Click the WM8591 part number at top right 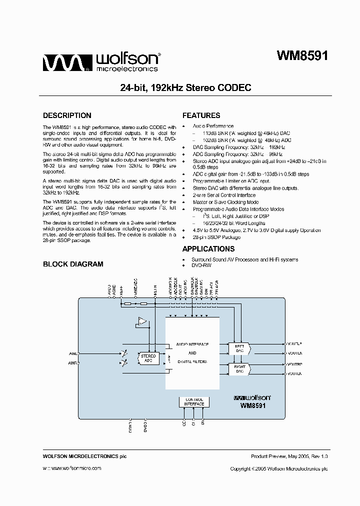coord(302,56)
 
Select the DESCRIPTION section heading coord(67,115)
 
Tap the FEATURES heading coord(201,115)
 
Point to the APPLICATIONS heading coord(208,249)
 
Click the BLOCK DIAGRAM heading coord(73,264)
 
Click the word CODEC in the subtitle coord(234,87)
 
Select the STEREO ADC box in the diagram coord(148,358)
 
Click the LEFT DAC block coord(239,348)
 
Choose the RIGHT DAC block coord(239,369)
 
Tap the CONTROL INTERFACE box coord(193,401)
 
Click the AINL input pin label coord(73,353)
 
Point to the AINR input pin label coord(73,363)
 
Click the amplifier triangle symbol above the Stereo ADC coord(142,321)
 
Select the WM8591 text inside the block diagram coord(252,406)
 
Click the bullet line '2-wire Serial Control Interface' coord(224,195)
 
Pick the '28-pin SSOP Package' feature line coord(216,237)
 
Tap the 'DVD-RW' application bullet coord(201,265)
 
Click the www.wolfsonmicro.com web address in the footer coord(72,468)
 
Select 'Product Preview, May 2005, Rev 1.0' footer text coord(289,456)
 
